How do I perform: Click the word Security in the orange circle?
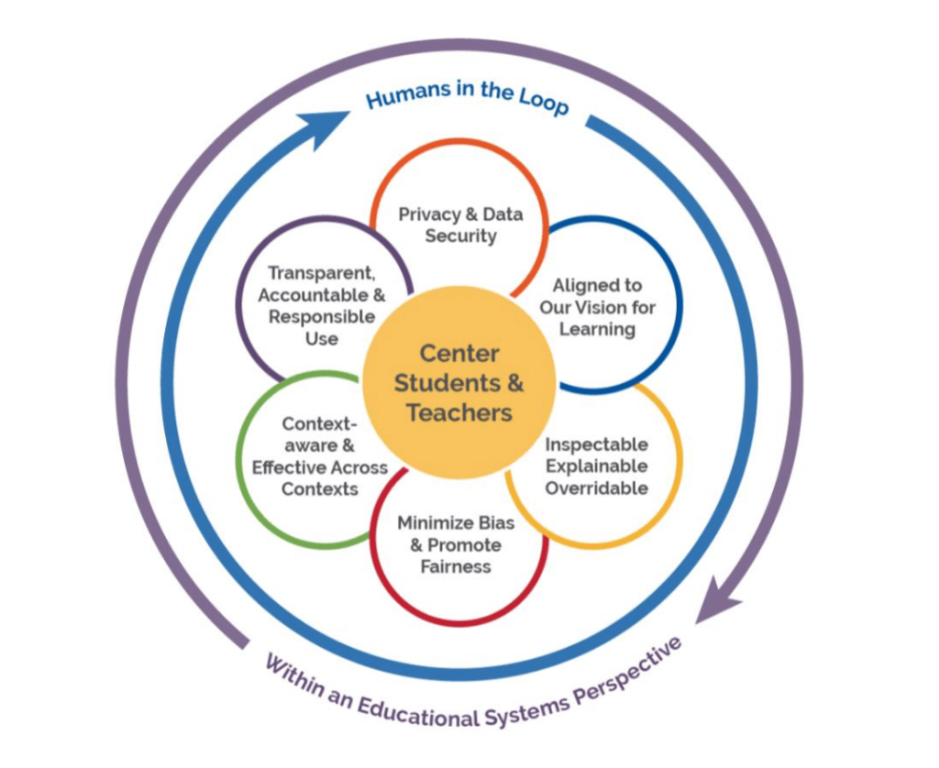click(460, 236)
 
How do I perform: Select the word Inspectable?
click(597, 444)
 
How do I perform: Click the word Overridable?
click(597, 488)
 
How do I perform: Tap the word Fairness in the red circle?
click(456, 567)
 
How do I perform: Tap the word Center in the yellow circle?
click(459, 353)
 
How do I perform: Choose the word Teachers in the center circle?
click(459, 412)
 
